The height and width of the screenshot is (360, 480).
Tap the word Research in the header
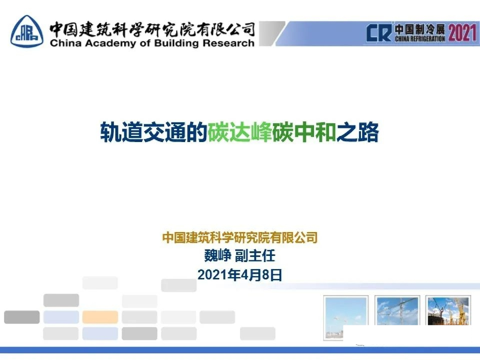point(229,44)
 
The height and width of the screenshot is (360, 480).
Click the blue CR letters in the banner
point(379,33)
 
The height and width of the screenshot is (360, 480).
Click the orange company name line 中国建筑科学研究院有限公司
point(240,238)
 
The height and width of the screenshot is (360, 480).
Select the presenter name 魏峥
point(217,256)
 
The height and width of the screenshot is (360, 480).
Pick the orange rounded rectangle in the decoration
point(100,317)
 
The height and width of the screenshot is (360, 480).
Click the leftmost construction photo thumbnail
point(346,317)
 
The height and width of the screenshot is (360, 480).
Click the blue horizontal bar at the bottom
point(240,350)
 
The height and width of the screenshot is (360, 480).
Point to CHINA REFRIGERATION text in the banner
point(420,39)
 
